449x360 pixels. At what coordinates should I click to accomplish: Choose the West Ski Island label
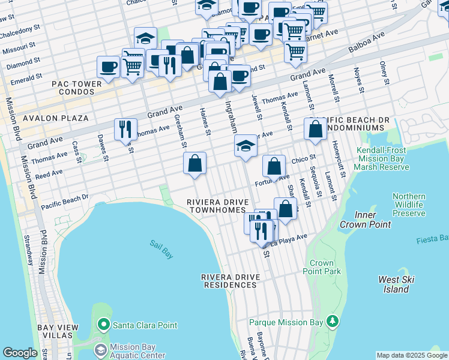397,284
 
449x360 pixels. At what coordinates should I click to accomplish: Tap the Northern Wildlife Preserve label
409,205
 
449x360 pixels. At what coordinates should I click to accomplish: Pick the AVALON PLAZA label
53,119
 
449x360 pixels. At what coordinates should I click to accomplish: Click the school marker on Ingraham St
246,146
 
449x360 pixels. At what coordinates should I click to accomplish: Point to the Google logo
20,353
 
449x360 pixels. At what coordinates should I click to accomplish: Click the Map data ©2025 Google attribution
412,355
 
